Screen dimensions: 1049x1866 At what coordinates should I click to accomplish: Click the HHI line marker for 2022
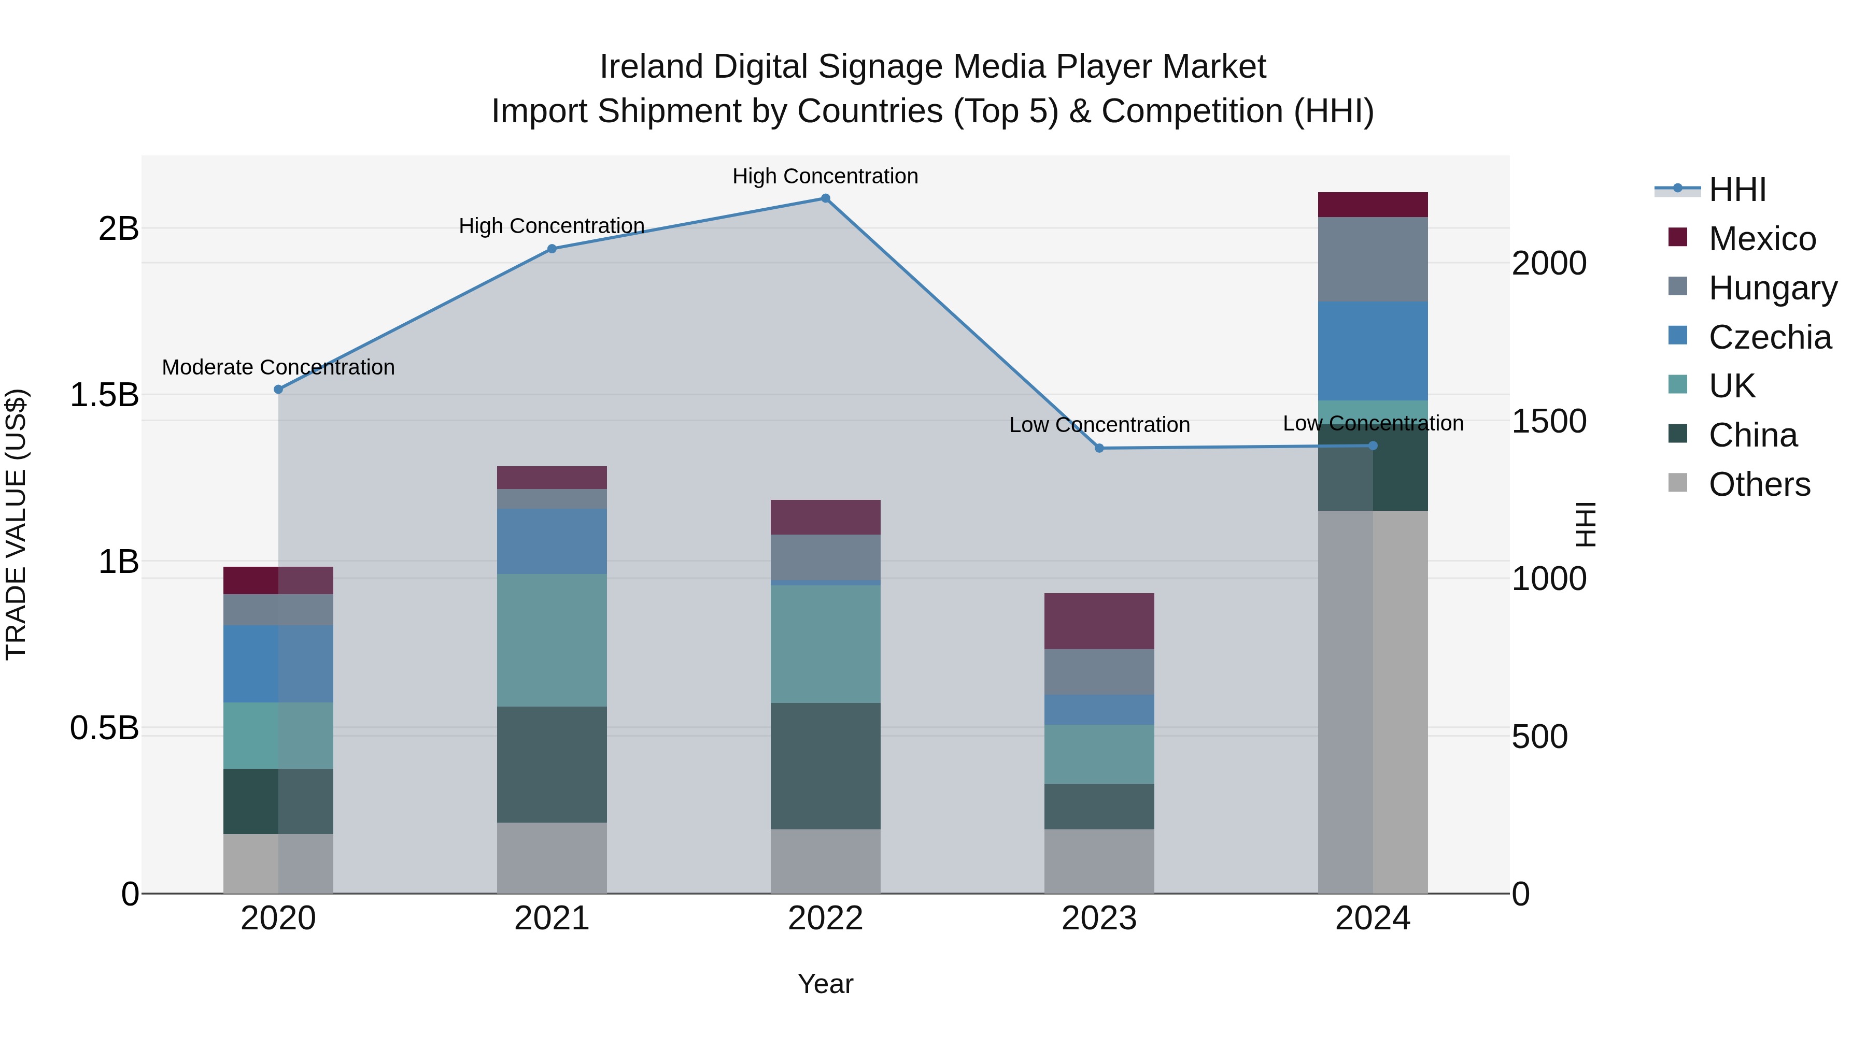(x=825, y=198)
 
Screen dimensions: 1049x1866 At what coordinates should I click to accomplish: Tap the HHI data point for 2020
(x=278, y=390)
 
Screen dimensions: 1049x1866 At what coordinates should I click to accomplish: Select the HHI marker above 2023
(x=1099, y=448)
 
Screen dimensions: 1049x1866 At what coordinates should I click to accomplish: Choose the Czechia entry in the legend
(x=1769, y=337)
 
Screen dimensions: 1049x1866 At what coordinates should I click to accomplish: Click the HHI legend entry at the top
(x=1736, y=190)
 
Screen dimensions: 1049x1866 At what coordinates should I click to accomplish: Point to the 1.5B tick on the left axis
(x=104, y=395)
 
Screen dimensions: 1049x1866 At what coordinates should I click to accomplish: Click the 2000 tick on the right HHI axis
(x=1549, y=264)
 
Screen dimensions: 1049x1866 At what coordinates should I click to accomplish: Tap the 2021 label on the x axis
(x=552, y=918)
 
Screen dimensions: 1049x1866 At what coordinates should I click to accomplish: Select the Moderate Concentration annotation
(x=278, y=367)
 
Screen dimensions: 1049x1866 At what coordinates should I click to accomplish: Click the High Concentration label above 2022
(x=825, y=176)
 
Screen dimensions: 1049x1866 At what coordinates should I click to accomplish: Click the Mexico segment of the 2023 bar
(x=1099, y=621)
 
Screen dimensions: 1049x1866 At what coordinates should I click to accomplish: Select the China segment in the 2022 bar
(x=825, y=766)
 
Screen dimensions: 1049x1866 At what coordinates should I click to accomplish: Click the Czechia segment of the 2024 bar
(x=1372, y=351)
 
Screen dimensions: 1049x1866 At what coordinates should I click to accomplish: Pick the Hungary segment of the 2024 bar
(x=1372, y=259)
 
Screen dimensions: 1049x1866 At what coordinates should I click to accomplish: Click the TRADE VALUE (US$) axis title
(x=16, y=524)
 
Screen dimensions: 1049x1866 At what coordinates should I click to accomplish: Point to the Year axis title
(x=825, y=984)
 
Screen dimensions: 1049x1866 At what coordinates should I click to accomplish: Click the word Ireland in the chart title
(x=651, y=67)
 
